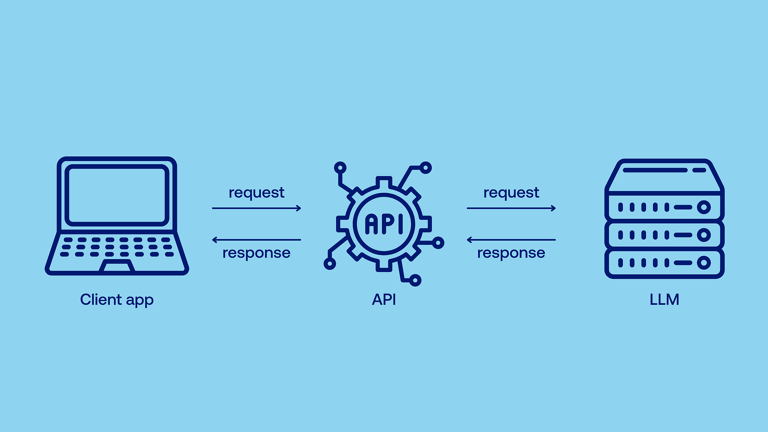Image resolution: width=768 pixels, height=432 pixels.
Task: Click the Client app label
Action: (x=117, y=300)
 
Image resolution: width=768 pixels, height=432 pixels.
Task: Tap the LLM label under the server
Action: (x=664, y=300)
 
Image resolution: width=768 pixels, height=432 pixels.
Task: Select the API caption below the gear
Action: (x=384, y=300)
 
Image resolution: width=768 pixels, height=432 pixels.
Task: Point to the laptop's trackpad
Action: (x=117, y=266)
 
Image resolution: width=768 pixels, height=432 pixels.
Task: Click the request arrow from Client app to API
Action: (x=256, y=208)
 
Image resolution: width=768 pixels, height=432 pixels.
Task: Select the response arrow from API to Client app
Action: (x=256, y=240)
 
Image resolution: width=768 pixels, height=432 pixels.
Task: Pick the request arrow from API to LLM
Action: (x=511, y=208)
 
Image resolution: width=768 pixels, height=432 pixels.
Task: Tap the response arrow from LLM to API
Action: (x=511, y=240)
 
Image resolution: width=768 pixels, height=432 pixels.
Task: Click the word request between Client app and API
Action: (x=256, y=192)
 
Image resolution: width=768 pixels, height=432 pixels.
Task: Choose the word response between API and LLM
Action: (x=511, y=253)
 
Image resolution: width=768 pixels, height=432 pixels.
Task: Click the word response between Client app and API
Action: (x=256, y=253)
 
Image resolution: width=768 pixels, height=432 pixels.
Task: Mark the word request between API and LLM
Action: (x=511, y=192)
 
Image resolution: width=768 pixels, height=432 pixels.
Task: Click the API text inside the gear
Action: (x=384, y=224)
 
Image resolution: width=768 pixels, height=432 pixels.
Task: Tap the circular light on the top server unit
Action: (x=704, y=207)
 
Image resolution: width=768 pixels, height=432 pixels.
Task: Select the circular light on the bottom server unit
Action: (x=704, y=263)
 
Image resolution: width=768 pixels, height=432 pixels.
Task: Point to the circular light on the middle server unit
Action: (x=704, y=235)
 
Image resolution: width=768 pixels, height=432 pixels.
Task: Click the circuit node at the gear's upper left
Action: (x=340, y=168)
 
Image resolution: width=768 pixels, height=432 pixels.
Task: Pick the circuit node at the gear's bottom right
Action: (x=415, y=280)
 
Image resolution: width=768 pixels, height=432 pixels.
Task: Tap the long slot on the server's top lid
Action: (x=655, y=170)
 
